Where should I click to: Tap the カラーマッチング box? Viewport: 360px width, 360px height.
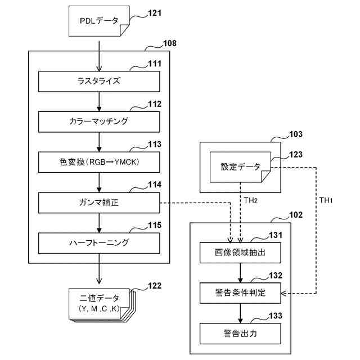pyautogui.click(x=99, y=121)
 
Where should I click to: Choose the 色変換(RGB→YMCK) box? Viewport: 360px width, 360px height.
pyautogui.click(x=99, y=163)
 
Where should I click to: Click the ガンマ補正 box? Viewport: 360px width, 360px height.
pyautogui.click(x=99, y=202)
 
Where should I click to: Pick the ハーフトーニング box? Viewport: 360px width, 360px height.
pyautogui.click(x=99, y=244)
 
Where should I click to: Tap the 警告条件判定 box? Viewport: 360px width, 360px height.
pyautogui.click(x=240, y=293)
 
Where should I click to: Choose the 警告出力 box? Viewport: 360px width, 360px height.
pyautogui.click(x=240, y=334)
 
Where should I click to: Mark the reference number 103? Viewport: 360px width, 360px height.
pyautogui.click(x=295, y=134)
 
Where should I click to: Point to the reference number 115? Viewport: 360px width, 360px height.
pyautogui.click(x=154, y=225)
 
